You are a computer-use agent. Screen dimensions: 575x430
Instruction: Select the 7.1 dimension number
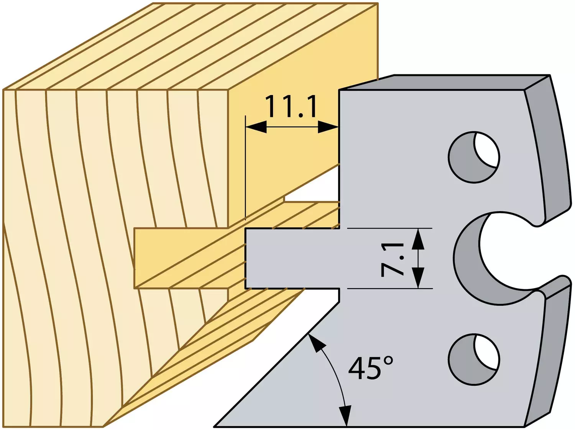click(x=392, y=259)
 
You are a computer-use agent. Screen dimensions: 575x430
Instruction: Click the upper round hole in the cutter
click(x=474, y=157)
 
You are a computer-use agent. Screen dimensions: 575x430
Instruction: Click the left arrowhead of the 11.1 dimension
click(x=256, y=127)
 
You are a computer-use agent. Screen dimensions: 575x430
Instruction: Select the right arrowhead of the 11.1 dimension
click(x=329, y=127)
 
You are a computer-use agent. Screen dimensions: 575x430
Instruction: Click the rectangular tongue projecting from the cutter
click(x=292, y=258)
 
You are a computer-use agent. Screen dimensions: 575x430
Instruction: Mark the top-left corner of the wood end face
click(x=3, y=90)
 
